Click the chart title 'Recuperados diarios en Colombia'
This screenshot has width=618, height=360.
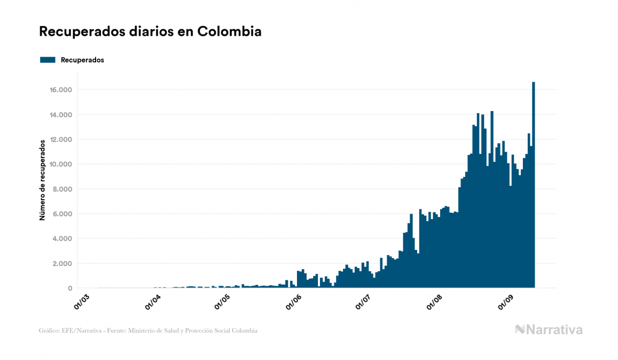click(150, 32)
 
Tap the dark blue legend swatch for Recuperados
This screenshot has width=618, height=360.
click(48, 60)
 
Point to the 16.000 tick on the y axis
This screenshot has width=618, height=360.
click(61, 90)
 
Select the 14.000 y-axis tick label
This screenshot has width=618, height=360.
click(61, 115)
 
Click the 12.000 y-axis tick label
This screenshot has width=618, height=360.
click(61, 139)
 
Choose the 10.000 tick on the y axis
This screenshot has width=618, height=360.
click(61, 164)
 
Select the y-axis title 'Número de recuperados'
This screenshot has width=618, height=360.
click(42, 180)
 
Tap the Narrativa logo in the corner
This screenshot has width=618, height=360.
click(549, 330)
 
